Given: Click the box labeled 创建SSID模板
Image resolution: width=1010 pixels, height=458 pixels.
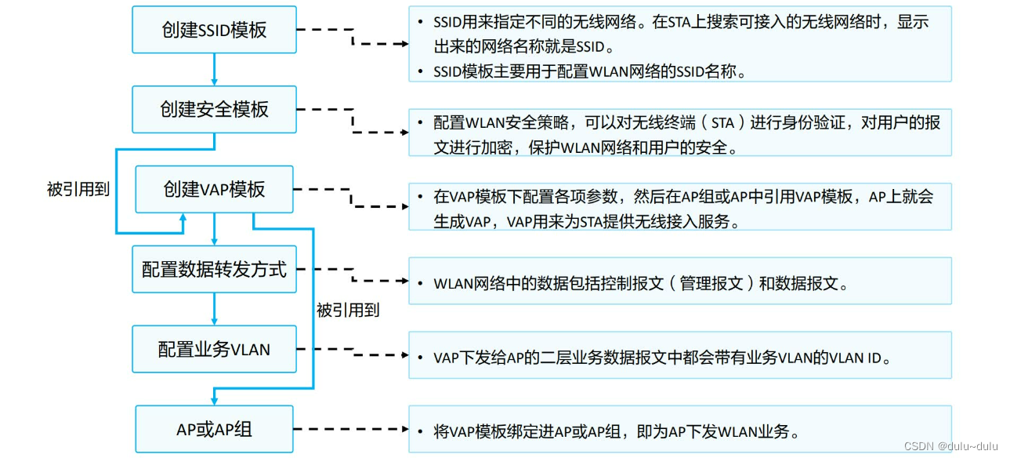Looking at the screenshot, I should coord(214,30).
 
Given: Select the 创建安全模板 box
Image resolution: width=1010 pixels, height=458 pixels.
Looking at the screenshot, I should coord(214,109).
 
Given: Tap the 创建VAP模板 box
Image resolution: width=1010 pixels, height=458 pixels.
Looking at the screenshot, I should coord(214,189).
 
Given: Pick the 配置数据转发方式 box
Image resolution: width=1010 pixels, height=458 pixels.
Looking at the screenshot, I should coord(214,270).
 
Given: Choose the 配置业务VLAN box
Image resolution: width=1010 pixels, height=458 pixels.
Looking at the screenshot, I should coord(214,349).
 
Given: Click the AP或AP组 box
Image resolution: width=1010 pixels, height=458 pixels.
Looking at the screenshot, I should coord(214,429).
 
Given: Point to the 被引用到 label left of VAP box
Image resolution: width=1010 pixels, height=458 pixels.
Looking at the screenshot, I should coord(78,189).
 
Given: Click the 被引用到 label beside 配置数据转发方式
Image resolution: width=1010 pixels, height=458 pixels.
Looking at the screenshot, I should coord(348,310).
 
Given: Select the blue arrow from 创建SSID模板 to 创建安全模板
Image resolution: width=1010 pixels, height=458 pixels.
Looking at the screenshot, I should coord(214,69).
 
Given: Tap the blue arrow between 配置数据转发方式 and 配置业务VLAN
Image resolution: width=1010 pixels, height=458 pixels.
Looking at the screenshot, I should coord(214,309).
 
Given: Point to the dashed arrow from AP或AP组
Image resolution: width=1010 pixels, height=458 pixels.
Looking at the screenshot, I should coord(353,429).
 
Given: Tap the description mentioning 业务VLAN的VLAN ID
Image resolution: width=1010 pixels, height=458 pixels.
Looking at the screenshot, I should coord(663,358).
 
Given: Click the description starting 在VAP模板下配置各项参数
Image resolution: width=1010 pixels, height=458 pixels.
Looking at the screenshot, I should coord(682,209).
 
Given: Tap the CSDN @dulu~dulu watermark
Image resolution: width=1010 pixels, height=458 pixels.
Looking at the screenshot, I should coord(950,445).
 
